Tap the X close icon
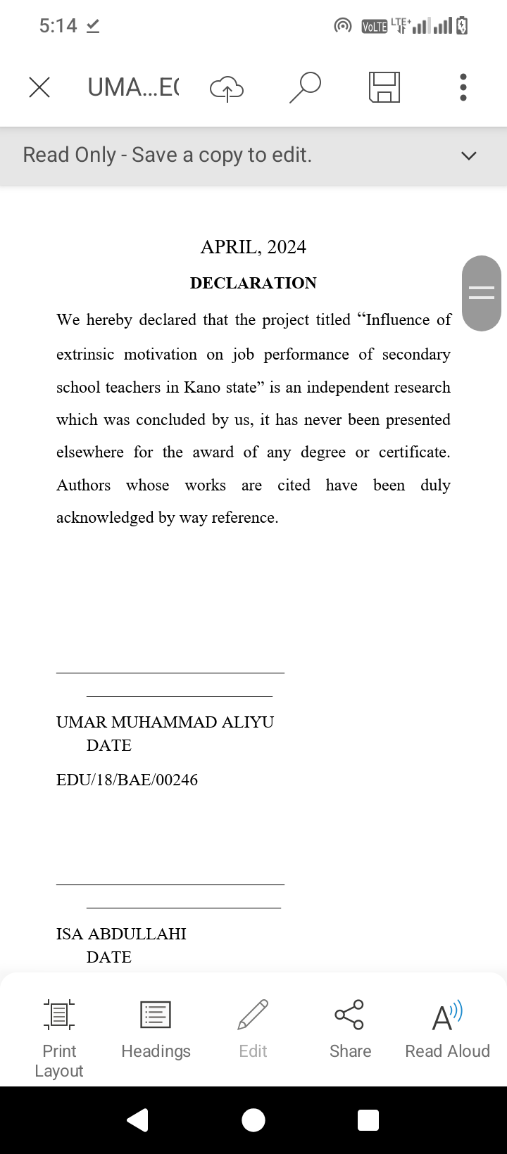[x=39, y=87]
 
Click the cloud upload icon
[x=227, y=88]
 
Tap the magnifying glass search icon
[x=305, y=87]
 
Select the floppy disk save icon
[x=384, y=87]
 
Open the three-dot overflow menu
[x=463, y=87]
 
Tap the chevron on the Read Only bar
[x=468, y=156]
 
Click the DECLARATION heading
[x=254, y=283]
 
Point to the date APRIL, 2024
[x=254, y=247]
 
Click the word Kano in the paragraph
[x=202, y=388]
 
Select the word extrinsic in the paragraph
[x=85, y=355]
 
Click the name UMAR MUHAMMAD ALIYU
[x=165, y=722]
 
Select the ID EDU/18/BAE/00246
[x=127, y=780]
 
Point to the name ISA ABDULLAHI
[x=121, y=934]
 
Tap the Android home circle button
[x=254, y=1120]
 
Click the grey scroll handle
[x=482, y=293]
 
